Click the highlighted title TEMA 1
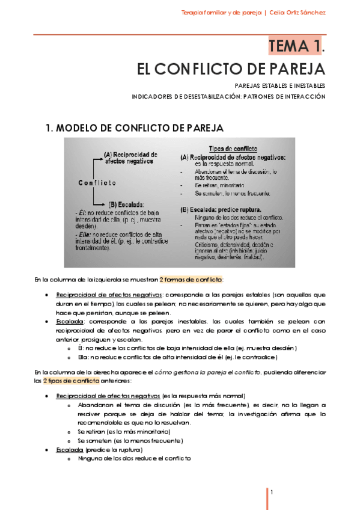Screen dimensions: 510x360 click(x=296, y=46)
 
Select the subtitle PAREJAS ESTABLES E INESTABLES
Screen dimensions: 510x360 click(x=279, y=85)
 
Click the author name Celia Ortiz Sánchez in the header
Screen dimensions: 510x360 click(x=298, y=13)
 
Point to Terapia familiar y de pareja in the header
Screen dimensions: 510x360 click(x=221, y=13)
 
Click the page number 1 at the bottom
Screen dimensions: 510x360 click(x=272, y=493)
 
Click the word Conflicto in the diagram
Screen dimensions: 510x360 click(x=97, y=182)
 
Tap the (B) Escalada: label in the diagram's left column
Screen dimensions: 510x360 click(x=125, y=204)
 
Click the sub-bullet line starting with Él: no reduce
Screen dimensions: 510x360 click(x=187, y=348)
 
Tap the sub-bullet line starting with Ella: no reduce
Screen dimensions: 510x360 click(x=178, y=357)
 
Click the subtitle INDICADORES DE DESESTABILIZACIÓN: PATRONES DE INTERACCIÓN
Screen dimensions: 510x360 click(x=228, y=96)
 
